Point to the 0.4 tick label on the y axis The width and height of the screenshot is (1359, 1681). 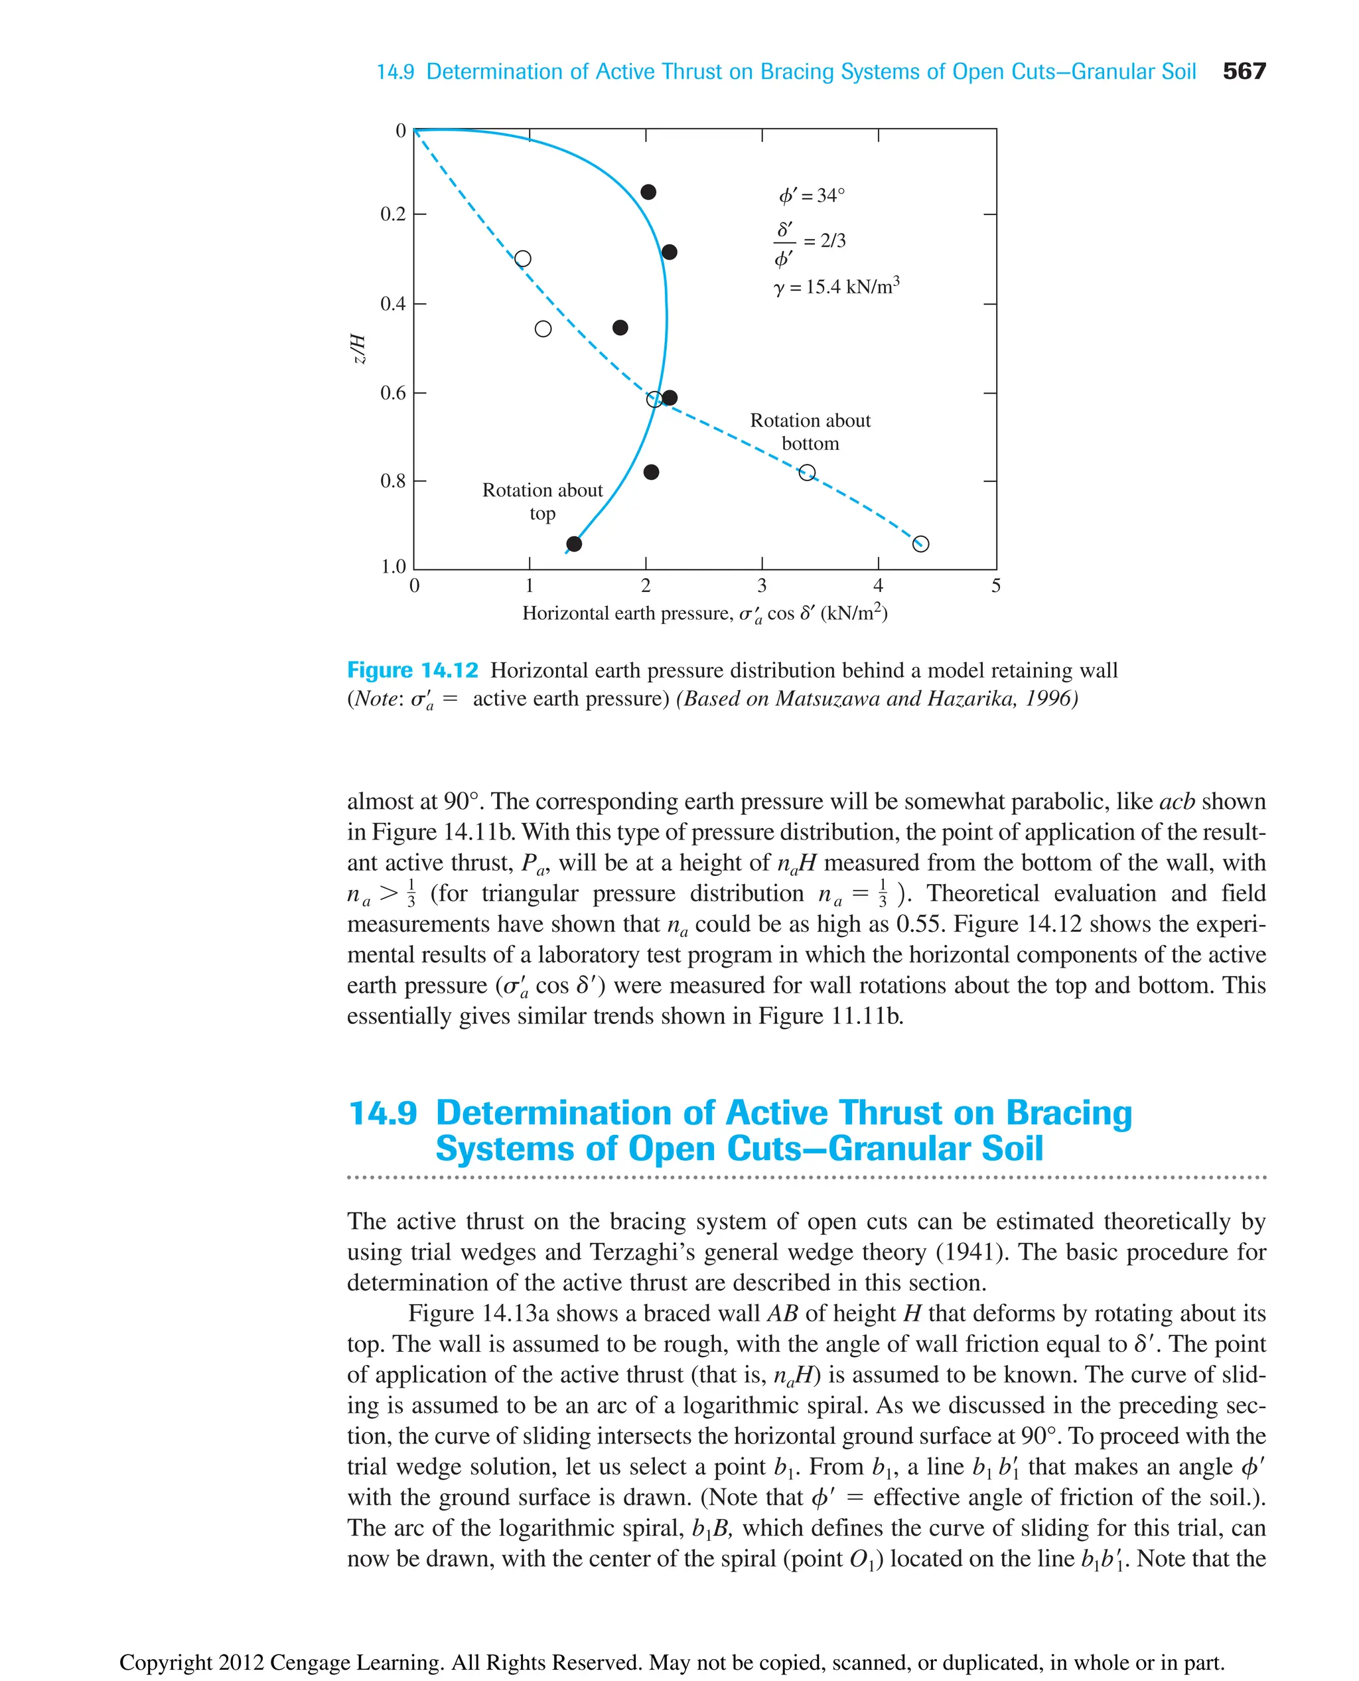coord(393,304)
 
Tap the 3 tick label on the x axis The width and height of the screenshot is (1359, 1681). coord(762,585)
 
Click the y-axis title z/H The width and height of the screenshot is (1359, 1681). coord(358,348)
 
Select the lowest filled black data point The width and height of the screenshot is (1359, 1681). coord(574,544)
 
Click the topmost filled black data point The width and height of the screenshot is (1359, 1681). coord(648,192)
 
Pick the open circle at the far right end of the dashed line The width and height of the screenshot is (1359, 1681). coord(920,544)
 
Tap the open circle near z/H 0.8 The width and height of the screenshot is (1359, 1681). coord(807,472)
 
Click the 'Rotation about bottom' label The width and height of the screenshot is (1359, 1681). coord(810,432)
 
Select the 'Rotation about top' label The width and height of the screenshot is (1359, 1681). coord(543,501)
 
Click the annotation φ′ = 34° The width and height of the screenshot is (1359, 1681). coord(811,195)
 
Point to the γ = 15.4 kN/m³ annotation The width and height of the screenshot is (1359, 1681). coord(836,287)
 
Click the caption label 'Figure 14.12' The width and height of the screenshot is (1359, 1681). coord(413,670)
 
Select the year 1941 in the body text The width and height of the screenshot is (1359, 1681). coord(970,1252)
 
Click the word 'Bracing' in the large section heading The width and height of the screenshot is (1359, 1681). coord(1068,1112)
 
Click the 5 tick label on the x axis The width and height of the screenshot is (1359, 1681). coord(996,585)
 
